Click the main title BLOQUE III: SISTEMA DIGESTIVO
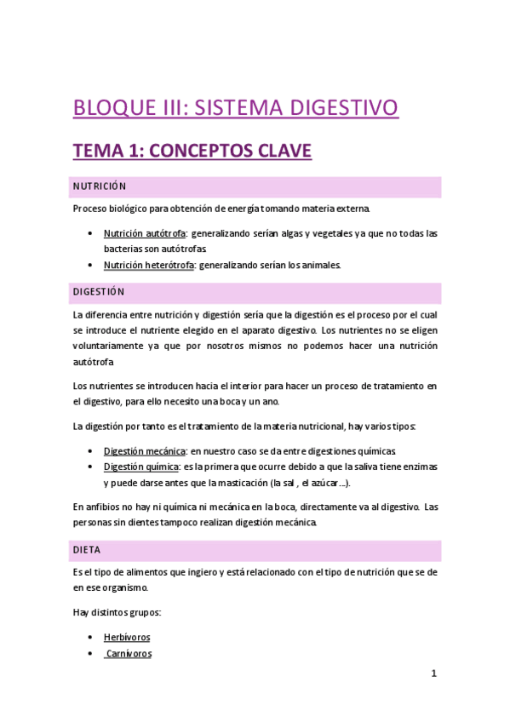click(x=236, y=108)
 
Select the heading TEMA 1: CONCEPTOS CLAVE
click(x=192, y=152)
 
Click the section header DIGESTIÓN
click(x=99, y=292)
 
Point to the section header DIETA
click(x=87, y=550)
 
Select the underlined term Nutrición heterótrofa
click(x=149, y=265)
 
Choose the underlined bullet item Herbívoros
click(x=127, y=637)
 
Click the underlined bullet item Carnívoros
click(x=128, y=653)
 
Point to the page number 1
click(x=433, y=673)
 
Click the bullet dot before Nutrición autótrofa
click(x=91, y=233)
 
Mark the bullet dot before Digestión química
click(x=91, y=467)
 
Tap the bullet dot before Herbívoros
click(x=91, y=637)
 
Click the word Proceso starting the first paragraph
click(x=90, y=209)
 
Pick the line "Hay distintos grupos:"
click(x=116, y=612)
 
